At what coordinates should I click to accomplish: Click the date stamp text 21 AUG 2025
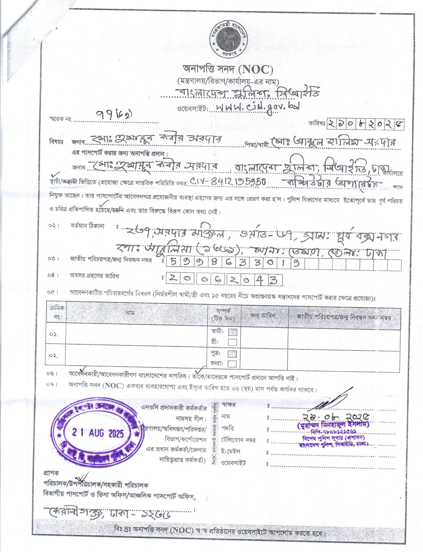98,433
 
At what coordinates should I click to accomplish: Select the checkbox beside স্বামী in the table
232,332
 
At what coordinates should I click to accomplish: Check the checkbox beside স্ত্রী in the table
232,342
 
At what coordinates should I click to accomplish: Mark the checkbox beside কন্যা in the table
232,364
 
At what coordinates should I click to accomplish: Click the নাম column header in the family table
130,313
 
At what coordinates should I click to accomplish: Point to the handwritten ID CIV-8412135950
228,182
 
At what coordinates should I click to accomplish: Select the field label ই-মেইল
231,452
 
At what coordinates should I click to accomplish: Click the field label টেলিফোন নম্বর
239,440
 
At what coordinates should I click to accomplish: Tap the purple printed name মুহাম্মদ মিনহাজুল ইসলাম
333,424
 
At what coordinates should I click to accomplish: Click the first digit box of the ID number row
173,263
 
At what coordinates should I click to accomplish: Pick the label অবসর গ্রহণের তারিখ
94,276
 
